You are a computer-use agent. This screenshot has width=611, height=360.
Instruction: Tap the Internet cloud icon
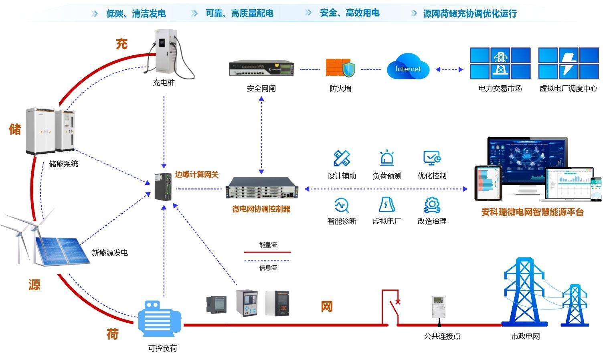coord(408,67)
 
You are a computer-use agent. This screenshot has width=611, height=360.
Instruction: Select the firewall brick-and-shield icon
coord(340,68)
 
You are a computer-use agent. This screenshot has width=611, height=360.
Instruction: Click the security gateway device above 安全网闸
coord(261,68)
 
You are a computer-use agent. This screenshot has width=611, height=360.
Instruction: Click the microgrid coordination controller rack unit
coord(261,188)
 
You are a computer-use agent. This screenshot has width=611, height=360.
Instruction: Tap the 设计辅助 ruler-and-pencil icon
coord(342,158)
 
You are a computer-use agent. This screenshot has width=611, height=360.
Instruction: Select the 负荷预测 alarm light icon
coord(386,158)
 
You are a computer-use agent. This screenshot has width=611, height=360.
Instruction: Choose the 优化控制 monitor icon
coord(432,158)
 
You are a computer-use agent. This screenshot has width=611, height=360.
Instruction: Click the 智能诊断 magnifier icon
coord(342,205)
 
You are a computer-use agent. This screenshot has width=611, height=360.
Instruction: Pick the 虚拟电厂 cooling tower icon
coord(386,204)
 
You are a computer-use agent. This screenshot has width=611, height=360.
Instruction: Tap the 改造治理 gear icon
coord(432,204)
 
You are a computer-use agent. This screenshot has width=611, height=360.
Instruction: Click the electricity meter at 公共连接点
coord(438,307)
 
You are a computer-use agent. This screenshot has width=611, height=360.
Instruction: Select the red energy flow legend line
coord(267,252)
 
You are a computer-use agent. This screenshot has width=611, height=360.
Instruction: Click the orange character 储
coord(15,129)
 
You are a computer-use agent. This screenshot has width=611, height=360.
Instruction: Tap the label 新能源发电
coord(109,253)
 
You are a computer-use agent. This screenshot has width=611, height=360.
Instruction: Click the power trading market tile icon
coord(500,64)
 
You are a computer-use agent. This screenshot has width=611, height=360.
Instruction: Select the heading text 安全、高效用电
coord(349,13)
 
